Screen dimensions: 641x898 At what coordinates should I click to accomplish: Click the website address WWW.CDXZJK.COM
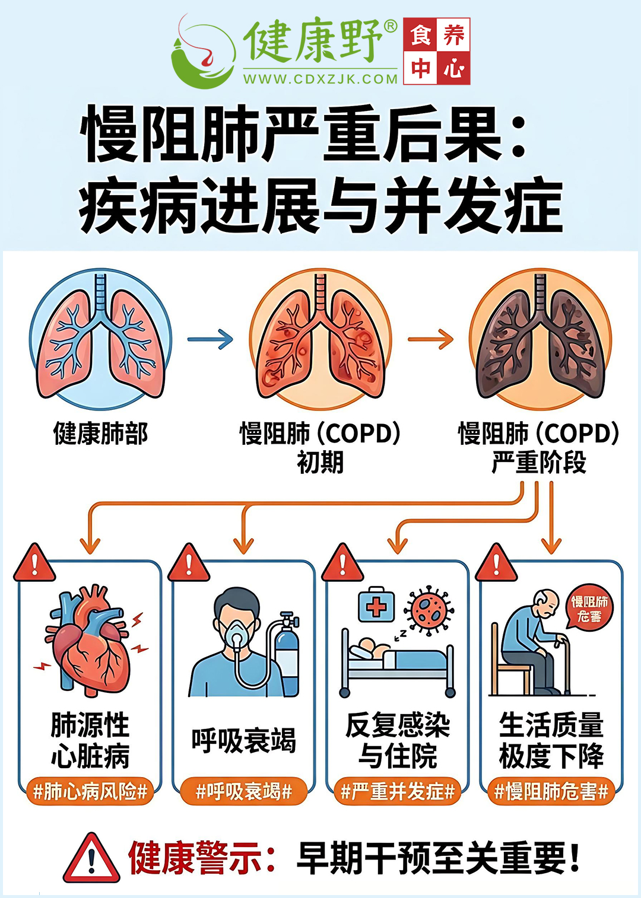pyautogui.click(x=320, y=79)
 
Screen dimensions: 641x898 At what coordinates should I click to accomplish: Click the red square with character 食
pyautogui.click(x=420, y=34)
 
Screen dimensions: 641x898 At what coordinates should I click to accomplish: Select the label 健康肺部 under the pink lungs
pyautogui.click(x=100, y=434)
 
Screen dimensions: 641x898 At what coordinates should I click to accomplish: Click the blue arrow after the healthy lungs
pyautogui.click(x=210, y=339)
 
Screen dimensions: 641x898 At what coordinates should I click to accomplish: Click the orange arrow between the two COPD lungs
pyautogui.click(x=430, y=339)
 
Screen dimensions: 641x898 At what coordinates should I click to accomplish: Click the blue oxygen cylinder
pyautogui.click(x=285, y=656)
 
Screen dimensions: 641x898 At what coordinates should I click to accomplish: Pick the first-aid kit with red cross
pyautogui.click(x=376, y=606)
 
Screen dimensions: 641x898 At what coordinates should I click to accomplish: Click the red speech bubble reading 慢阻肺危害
pyautogui.click(x=589, y=607)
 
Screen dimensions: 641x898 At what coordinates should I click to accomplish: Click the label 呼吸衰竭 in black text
pyautogui.click(x=243, y=741)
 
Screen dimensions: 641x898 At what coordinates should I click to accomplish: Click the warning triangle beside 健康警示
pyautogui.click(x=91, y=858)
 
